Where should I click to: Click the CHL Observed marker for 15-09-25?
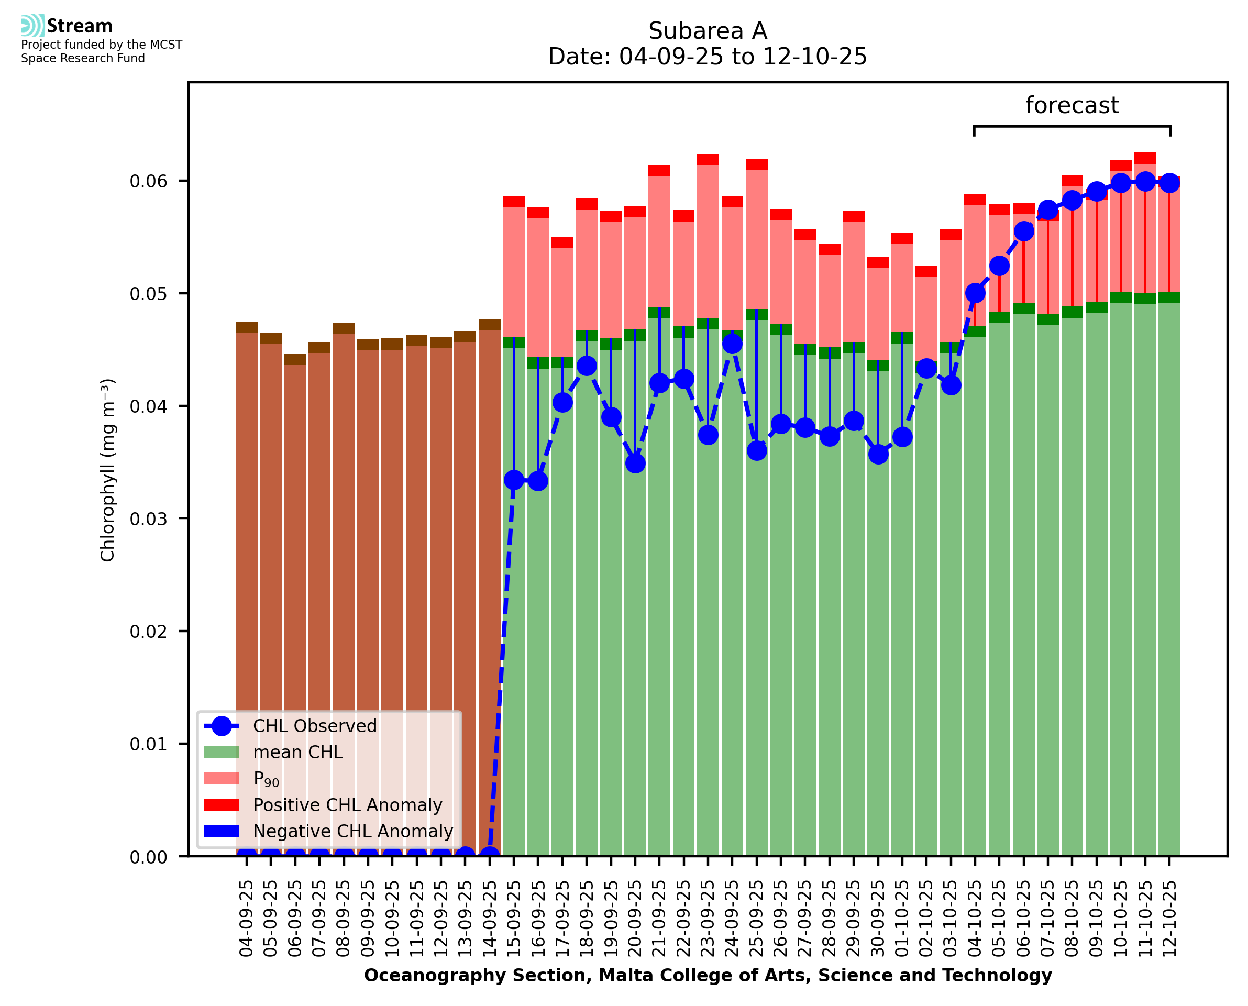point(513,480)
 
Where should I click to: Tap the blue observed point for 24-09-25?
point(732,344)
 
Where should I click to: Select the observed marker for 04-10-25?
point(975,293)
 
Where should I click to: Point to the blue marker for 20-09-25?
point(635,463)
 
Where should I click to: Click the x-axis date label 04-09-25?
point(246,919)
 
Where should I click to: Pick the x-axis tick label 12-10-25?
point(1169,919)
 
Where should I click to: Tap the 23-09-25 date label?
point(708,919)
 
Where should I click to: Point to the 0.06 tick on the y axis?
point(148,181)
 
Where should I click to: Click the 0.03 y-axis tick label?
point(148,519)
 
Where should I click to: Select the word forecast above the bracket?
point(1072,105)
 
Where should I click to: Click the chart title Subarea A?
point(708,31)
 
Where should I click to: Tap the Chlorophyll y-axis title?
point(108,470)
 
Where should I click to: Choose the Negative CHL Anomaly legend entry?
point(352,831)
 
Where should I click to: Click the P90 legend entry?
point(266,779)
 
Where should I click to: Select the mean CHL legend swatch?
point(222,752)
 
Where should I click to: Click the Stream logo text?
point(80,26)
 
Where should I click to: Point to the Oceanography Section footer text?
point(708,976)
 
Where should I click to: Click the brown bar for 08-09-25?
point(344,580)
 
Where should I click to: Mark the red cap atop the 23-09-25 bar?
point(708,160)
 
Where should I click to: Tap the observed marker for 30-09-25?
point(878,455)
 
